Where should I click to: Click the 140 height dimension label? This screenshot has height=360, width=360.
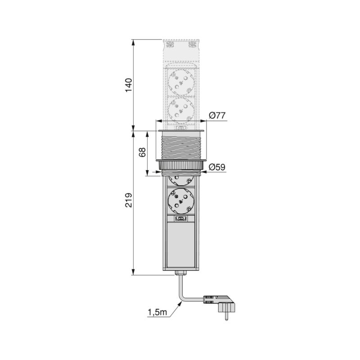pyautogui.click(x=128, y=85)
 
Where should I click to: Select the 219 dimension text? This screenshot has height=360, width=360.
pyautogui.click(x=128, y=200)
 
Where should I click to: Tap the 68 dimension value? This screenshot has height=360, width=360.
pyautogui.click(x=143, y=153)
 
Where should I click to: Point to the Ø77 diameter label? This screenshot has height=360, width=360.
pyautogui.click(x=217, y=116)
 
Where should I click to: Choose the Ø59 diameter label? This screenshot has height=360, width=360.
pyautogui.click(x=217, y=167)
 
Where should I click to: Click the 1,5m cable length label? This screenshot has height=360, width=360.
pyautogui.click(x=157, y=312)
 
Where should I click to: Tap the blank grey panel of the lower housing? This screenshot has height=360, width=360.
pyautogui.click(x=180, y=245)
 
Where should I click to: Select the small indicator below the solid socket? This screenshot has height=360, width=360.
pyautogui.click(x=180, y=219)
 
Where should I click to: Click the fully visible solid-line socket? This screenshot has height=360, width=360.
pyautogui.click(x=180, y=201)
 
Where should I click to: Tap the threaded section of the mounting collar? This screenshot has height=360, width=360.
pyautogui.click(x=180, y=146)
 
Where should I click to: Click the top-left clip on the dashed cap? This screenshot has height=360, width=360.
pyautogui.click(x=170, y=45)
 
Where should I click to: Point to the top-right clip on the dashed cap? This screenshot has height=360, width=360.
pyautogui.click(x=192, y=45)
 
